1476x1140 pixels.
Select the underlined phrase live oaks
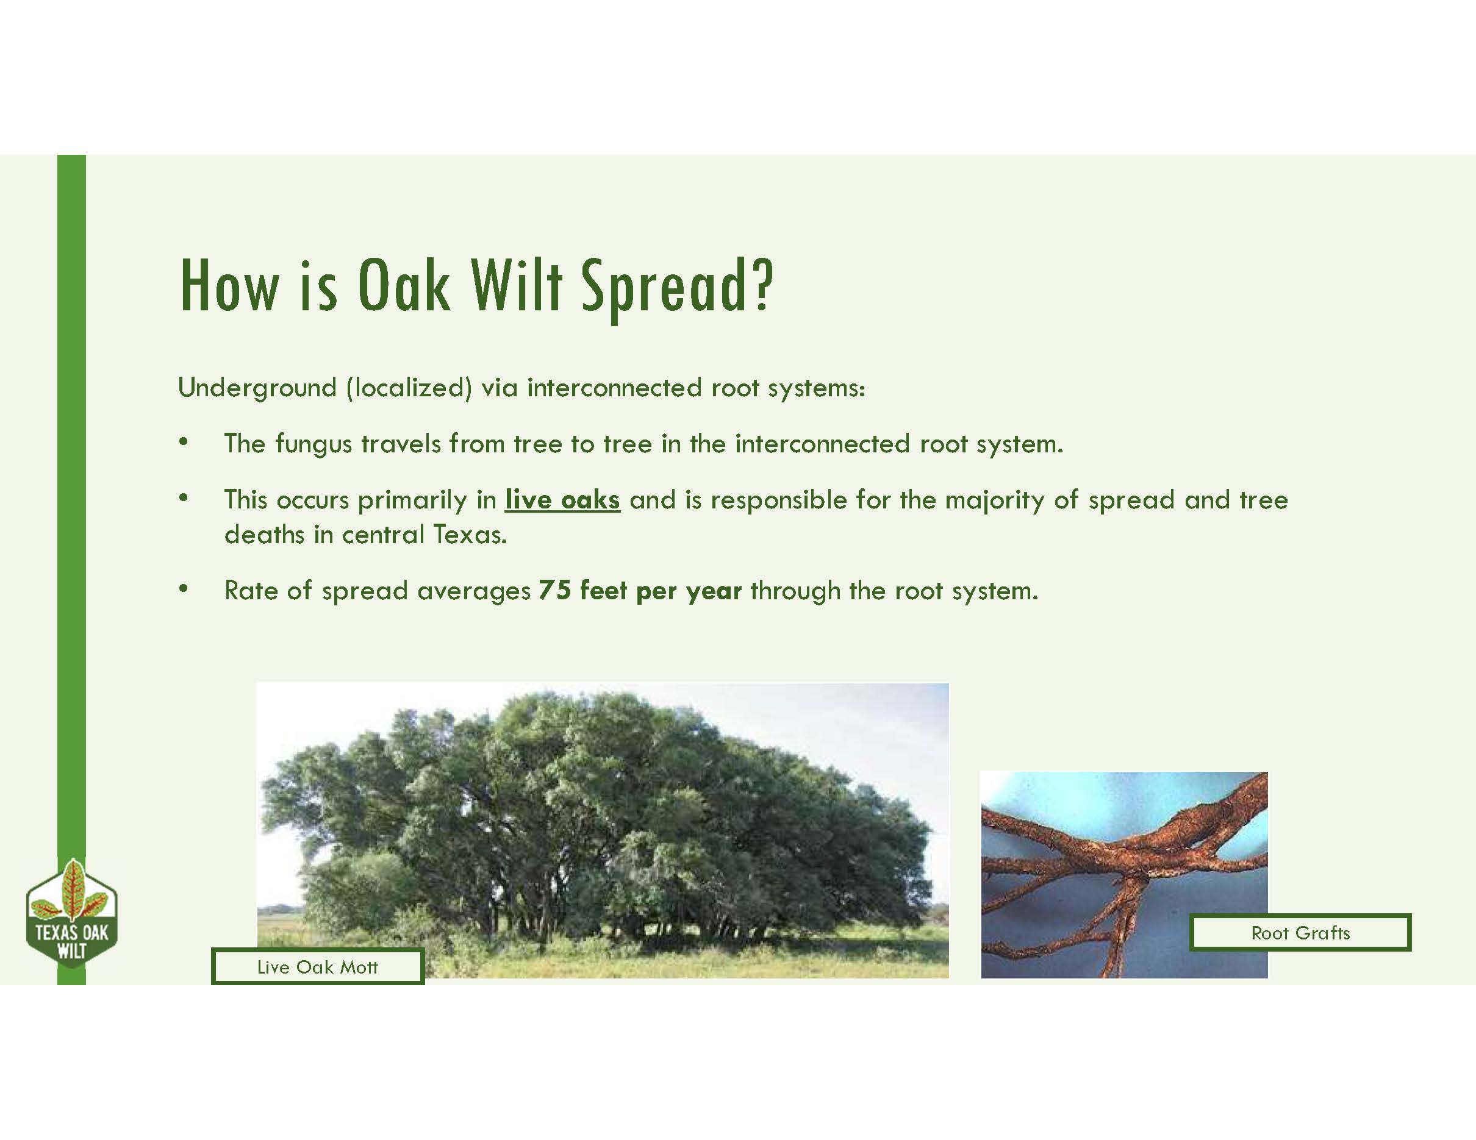click(562, 500)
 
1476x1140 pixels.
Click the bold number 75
click(555, 590)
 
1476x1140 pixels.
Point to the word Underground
click(257, 388)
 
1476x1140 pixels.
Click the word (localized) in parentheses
click(409, 388)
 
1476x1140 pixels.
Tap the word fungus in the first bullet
click(313, 444)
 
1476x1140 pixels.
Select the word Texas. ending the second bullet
click(470, 534)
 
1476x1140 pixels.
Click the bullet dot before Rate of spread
click(182, 590)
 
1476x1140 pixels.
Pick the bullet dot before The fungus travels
click(182, 443)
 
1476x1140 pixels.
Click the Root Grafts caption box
click(1300, 933)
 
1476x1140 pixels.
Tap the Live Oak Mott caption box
click(317, 966)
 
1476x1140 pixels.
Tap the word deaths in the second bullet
click(264, 534)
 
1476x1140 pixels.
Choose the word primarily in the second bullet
click(412, 500)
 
